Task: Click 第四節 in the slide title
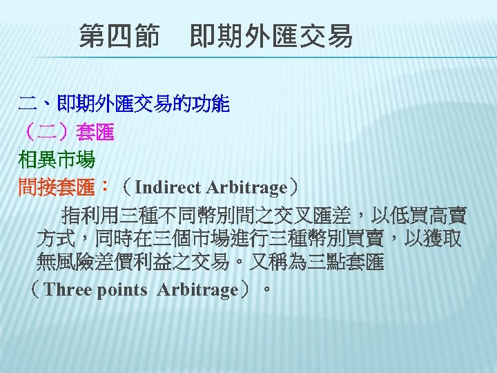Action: coord(119,35)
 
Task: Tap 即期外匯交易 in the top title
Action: coord(271,35)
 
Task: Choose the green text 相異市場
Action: coord(57,160)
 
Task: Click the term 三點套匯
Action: coord(356,264)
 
